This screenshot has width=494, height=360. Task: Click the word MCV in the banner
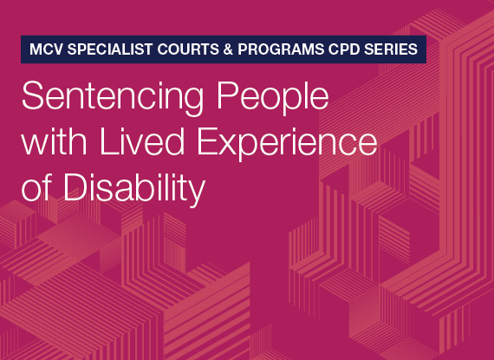coord(46,50)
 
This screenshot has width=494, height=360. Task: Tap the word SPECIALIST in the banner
coord(108,50)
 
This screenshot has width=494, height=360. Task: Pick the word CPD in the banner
coord(342,50)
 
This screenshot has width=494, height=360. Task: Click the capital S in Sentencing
coord(31,95)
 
